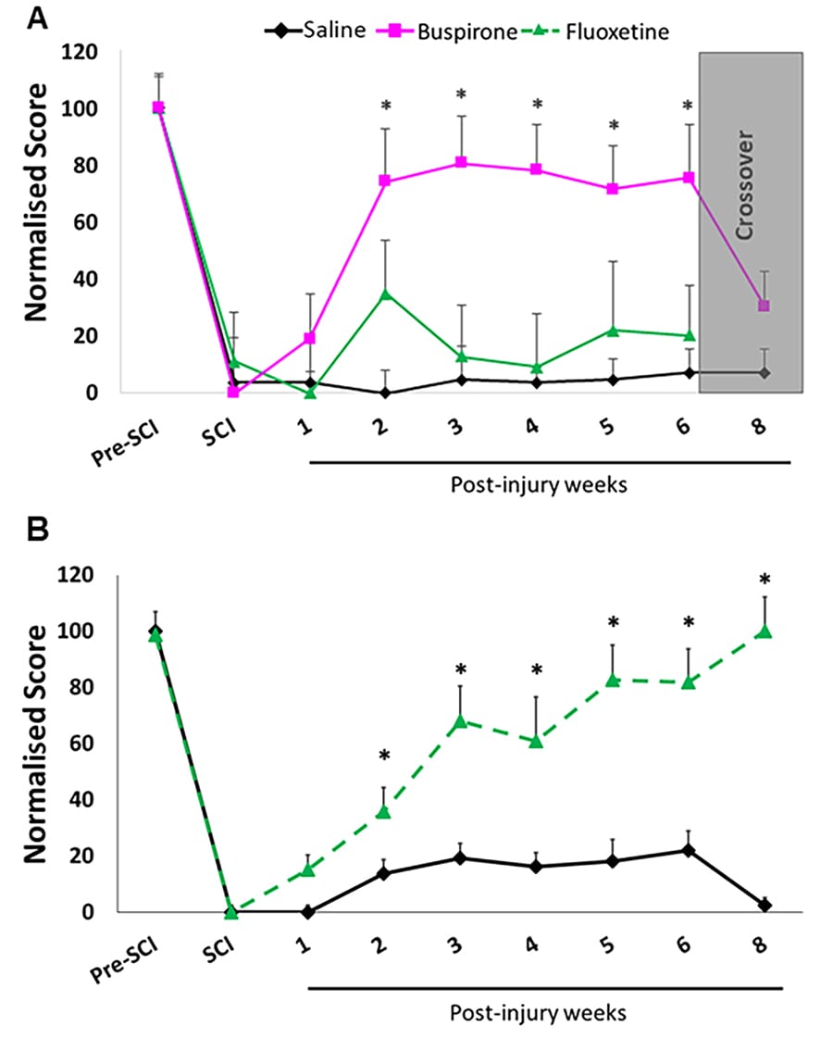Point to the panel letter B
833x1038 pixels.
[37, 529]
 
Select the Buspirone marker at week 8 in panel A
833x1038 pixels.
[764, 306]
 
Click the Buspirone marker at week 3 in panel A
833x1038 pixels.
[461, 163]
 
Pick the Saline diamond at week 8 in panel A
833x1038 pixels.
[764, 372]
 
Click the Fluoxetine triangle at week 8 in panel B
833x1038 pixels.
[764, 632]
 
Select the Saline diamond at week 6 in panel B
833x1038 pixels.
[688, 849]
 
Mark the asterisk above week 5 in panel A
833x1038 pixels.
[612, 126]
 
